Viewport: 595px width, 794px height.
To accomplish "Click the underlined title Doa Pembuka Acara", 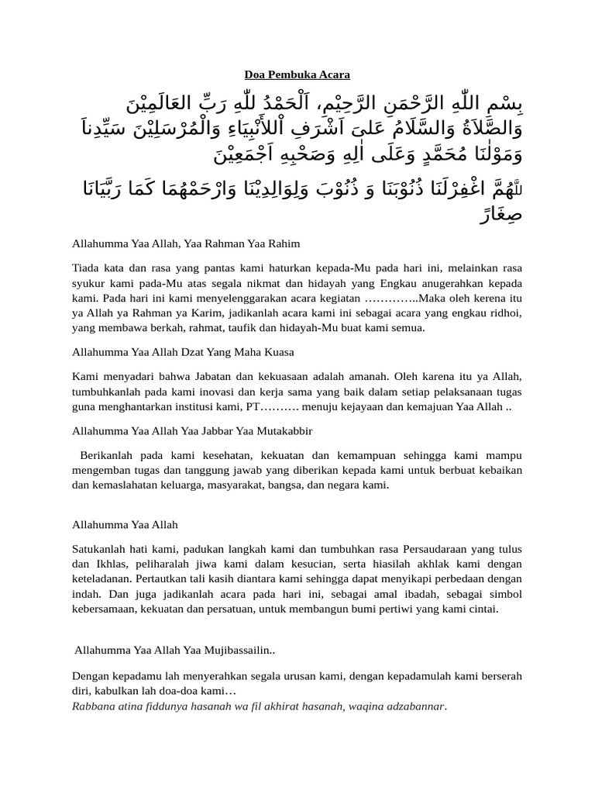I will [297, 74].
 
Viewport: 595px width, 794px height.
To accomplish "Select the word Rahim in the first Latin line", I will [284, 243].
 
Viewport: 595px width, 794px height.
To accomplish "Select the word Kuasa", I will [278, 351].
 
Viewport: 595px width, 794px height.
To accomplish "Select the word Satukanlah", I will [98, 549].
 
